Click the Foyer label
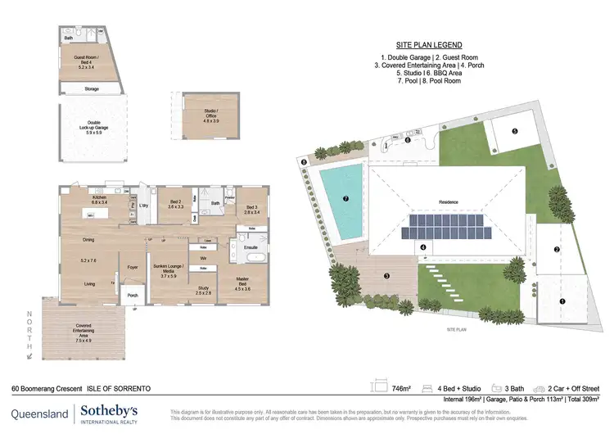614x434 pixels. pos(131,267)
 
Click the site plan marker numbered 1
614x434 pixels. pos(562,301)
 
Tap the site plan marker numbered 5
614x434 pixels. pos(514,131)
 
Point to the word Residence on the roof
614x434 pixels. pos(449,202)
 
